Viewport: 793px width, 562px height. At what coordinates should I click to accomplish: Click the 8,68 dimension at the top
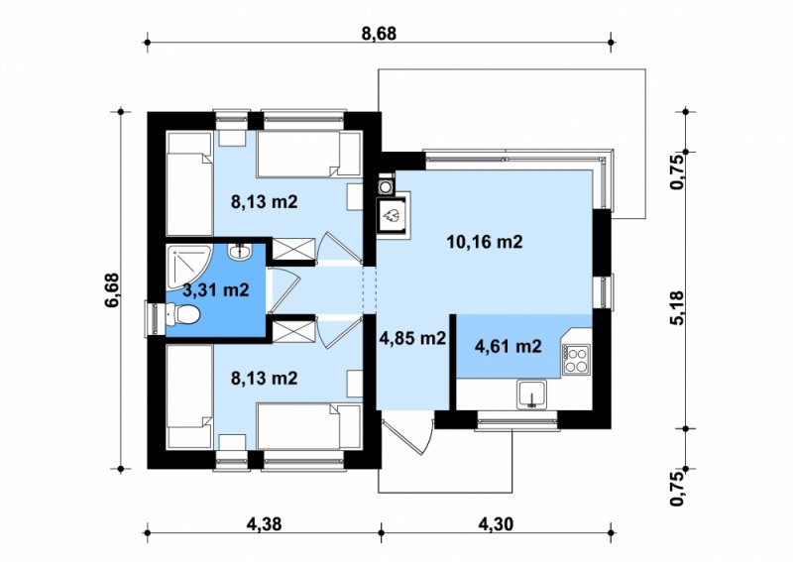click(x=379, y=34)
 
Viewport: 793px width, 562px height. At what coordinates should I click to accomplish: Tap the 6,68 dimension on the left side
click(x=111, y=289)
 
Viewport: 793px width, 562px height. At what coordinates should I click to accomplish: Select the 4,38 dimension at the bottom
click(x=264, y=524)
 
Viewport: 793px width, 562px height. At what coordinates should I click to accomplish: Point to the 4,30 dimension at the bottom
click(x=495, y=524)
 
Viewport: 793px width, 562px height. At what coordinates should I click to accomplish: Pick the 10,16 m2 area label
click(x=484, y=242)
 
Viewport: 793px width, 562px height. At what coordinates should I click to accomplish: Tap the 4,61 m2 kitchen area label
click(x=509, y=347)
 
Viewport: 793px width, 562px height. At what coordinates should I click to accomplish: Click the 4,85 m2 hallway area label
click(x=412, y=338)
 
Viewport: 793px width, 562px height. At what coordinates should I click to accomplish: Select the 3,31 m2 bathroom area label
click(x=216, y=290)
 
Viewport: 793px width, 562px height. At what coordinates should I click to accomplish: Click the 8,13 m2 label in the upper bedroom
click(x=264, y=202)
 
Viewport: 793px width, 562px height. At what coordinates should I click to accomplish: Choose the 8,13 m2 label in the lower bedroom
click(x=264, y=378)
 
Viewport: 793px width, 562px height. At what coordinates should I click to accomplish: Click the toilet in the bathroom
click(x=182, y=314)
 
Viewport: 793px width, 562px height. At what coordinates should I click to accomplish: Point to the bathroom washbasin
click(x=239, y=252)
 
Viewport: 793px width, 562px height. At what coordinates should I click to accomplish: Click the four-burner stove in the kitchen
click(x=577, y=359)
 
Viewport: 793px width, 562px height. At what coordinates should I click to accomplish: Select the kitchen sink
click(x=531, y=394)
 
